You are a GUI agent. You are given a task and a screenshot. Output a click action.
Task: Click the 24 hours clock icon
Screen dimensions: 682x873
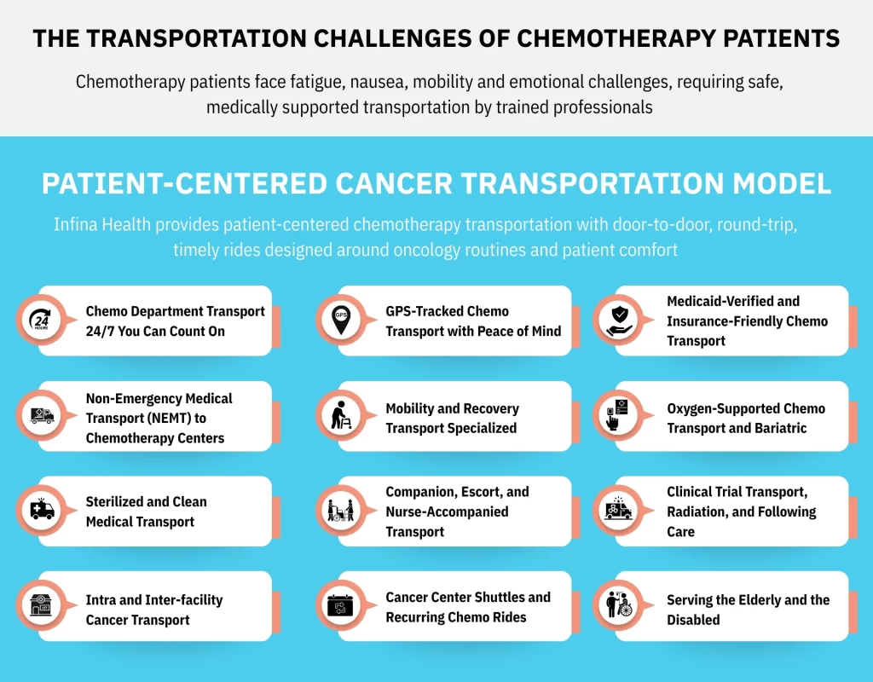pyautogui.click(x=40, y=321)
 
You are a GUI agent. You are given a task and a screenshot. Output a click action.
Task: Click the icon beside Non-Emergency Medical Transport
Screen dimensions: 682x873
pyautogui.click(x=40, y=415)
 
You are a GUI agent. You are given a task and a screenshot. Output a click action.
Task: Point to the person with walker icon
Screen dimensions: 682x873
pyautogui.click(x=341, y=415)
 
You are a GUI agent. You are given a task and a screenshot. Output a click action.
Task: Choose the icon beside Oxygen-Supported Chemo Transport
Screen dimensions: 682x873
pyautogui.click(x=617, y=415)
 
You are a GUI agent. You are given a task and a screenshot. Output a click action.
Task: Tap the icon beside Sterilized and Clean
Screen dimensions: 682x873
pyautogui.click(x=40, y=510)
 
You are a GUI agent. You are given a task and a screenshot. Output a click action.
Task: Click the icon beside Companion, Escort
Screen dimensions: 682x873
pyautogui.click(x=341, y=511)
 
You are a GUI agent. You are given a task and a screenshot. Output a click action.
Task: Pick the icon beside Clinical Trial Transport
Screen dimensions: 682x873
pyautogui.click(x=617, y=510)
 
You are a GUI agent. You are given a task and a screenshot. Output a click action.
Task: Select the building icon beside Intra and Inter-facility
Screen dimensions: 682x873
pyautogui.click(x=40, y=605)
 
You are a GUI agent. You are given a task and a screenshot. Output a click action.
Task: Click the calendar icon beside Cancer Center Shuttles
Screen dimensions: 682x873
pyautogui.click(x=341, y=605)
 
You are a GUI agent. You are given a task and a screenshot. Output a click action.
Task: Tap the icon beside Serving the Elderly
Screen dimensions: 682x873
pyautogui.click(x=617, y=605)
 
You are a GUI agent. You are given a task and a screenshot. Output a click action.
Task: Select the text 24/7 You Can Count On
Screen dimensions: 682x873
pyautogui.click(x=155, y=331)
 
